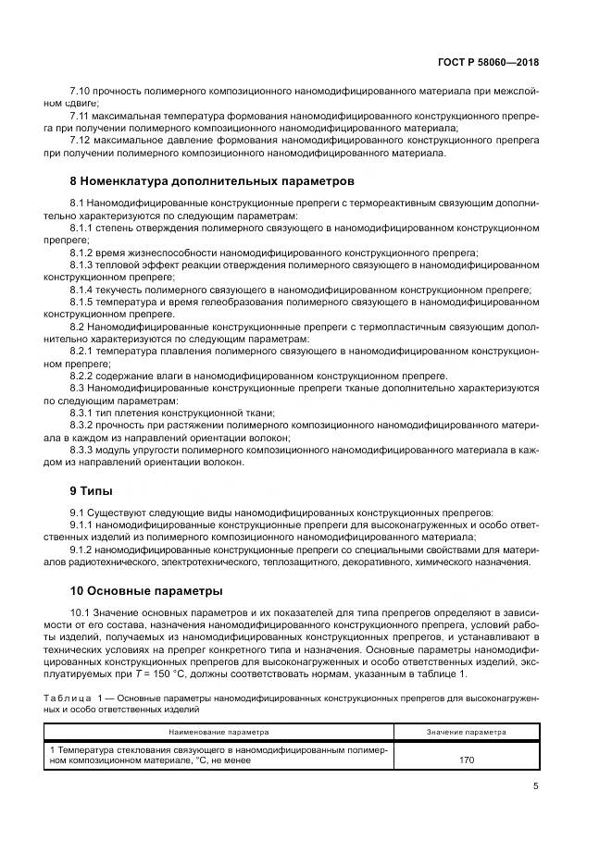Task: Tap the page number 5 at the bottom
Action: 535,787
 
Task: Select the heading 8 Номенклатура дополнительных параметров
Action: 212,180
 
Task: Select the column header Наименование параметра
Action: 218,731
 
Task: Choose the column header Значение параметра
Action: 467,731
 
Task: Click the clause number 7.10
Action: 81,92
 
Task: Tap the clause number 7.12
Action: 81,140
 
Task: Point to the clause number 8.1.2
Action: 84,253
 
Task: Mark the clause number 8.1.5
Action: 84,302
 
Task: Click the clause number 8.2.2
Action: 84,375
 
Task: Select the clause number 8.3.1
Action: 84,412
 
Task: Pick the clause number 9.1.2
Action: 84,548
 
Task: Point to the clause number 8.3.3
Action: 84,449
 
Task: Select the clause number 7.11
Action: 81,116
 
